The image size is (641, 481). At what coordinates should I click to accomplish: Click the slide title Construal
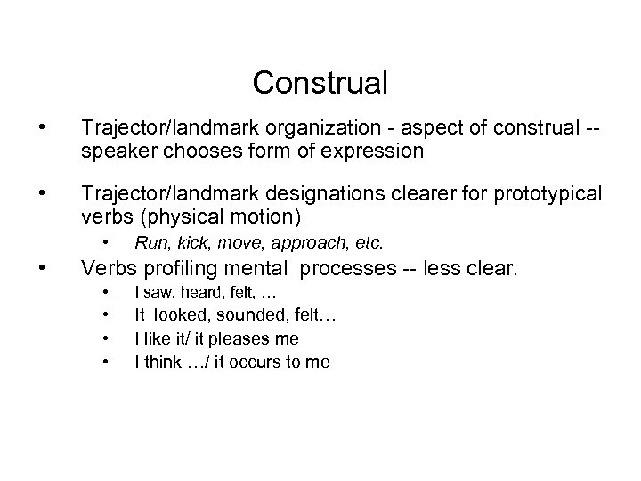tap(320, 83)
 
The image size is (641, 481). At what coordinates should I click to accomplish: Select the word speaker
tap(113, 151)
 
